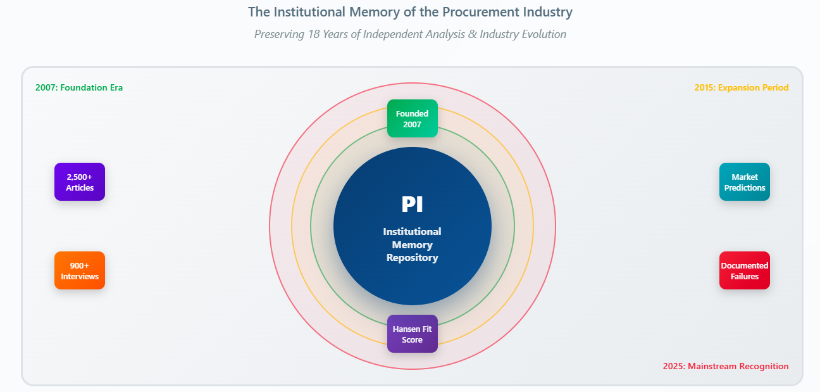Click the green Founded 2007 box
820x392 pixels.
[412, 118]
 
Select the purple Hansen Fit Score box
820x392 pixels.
[412, 334]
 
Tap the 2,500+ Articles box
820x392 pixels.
[80, 182]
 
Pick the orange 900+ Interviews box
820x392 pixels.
[80, 270]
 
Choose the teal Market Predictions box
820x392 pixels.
[744, 182]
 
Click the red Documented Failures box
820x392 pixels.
[744, 270]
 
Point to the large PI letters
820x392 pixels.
[412, 205]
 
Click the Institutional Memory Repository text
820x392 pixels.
[412, 244]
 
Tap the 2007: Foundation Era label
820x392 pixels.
[79, 87]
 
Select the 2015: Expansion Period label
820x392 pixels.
[741, 87]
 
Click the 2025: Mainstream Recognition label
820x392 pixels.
[726, 366]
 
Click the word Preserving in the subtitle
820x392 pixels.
[280, 34]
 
